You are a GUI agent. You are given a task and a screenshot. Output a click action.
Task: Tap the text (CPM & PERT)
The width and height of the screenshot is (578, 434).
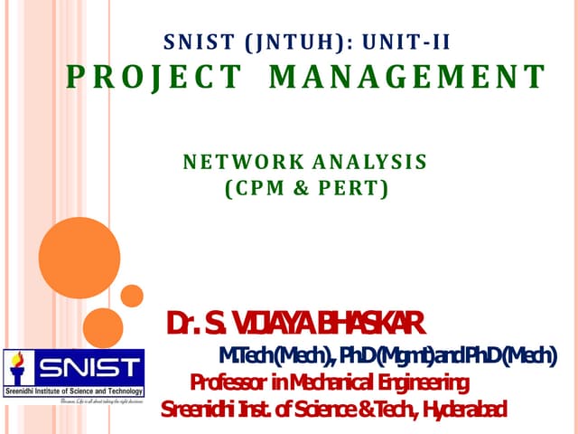(305, 190)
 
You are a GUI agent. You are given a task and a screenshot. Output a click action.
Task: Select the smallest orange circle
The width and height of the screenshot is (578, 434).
(132, 296)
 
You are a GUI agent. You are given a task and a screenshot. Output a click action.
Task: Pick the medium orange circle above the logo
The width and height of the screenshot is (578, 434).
(103, 327)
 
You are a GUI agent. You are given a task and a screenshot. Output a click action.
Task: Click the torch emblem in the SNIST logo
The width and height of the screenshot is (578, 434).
(17, 371)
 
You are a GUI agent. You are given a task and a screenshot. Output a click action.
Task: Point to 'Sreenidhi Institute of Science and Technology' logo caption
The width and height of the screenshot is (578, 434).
(73, 392)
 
